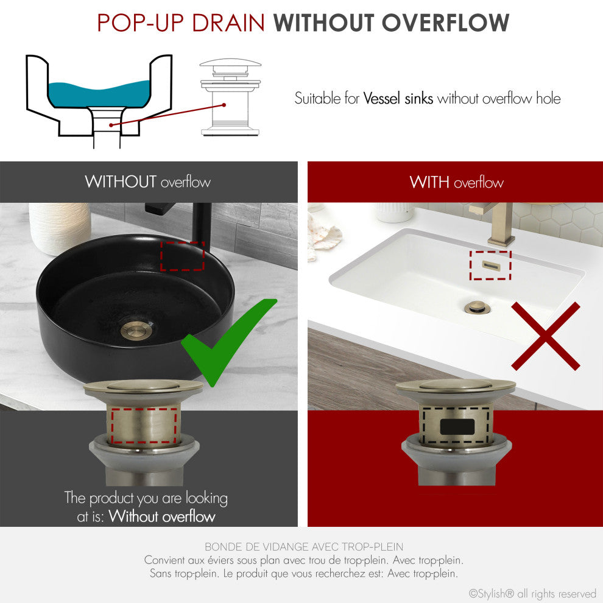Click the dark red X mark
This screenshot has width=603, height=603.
pos(546,336)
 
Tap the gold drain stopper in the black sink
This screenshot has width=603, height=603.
pos(137,330)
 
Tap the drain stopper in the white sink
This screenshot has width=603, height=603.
pos(476,307)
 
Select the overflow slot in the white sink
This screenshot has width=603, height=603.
pos(491,266)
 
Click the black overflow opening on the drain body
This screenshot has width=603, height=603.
pos(457,427)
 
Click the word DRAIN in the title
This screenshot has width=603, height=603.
pos(228,23)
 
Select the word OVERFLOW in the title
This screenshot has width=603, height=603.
pos(445,23)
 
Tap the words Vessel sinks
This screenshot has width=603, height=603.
pos(398,99)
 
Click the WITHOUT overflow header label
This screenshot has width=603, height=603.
pos(147,182)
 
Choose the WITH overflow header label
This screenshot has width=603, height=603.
pos(456,182)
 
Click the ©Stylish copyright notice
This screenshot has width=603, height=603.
pos(532,593)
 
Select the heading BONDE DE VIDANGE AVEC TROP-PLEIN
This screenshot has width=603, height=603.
pos(304,546)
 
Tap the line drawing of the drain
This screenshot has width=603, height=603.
pos(230,97)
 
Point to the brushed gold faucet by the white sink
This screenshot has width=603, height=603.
pos(496,223)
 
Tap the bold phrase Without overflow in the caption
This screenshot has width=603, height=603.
pos(162,516)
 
